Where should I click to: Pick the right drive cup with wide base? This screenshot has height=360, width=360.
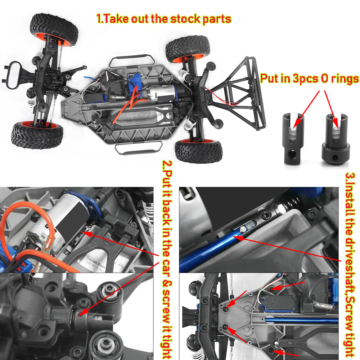tap(335, 140)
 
